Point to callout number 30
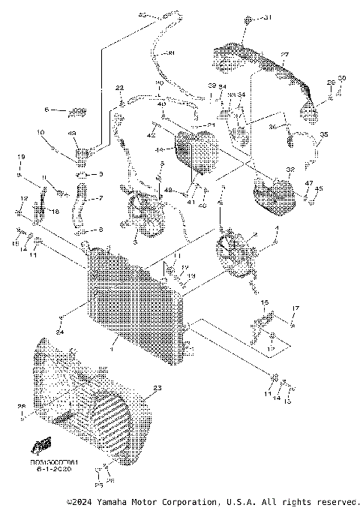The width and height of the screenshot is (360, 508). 342,79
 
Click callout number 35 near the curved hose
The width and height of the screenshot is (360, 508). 324,135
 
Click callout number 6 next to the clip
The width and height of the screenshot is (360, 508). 47,110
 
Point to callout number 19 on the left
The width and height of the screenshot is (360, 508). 20,156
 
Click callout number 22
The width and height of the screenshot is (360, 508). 119,89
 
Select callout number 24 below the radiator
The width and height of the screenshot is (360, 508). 59,332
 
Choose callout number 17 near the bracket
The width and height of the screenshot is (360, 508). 295,308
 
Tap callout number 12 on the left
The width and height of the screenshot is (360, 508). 23,198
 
